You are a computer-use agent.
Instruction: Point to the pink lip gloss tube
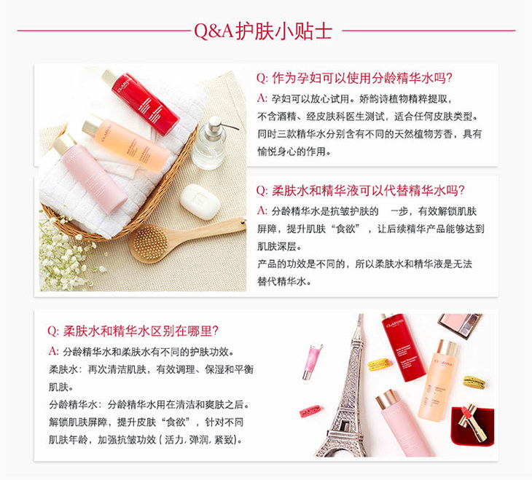[313, 358]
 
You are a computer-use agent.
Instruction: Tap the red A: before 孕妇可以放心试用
[262, 98]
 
